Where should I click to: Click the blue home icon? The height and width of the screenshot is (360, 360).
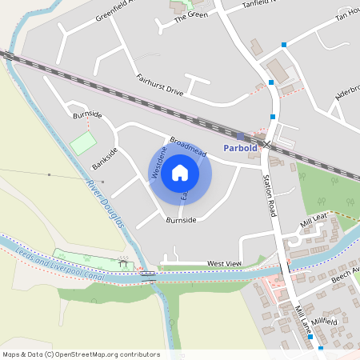(x=180, y=172)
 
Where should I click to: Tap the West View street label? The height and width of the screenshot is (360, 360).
(x=223, y=263)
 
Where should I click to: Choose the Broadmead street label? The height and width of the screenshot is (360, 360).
(x=188, y=147)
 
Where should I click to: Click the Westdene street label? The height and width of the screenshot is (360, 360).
(x=158, y=162)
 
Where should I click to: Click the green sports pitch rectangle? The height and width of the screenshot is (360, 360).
(x=82, y=144)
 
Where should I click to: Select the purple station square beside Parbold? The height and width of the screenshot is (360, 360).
(x=240, y=137)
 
